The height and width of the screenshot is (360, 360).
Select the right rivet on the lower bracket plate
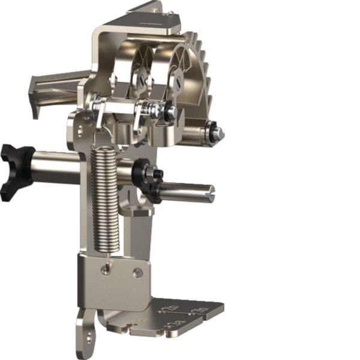click(x=138, y=272)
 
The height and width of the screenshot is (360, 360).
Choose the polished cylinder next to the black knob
click(x=57, y=168)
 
